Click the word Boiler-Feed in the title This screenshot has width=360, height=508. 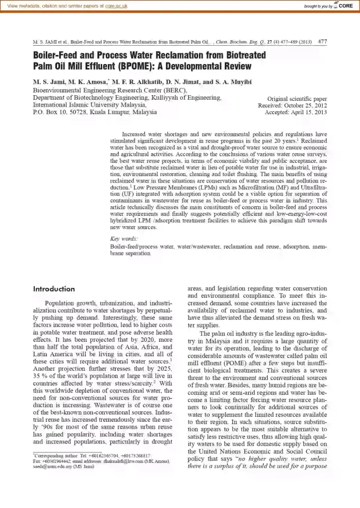(x=55, y=55)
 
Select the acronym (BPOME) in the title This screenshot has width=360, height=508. (x=133, y=66)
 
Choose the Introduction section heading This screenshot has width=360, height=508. (x=54, y=289)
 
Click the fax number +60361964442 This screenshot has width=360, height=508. (x=59, y=461)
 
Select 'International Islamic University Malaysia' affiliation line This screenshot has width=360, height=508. (x=89, y=105)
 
